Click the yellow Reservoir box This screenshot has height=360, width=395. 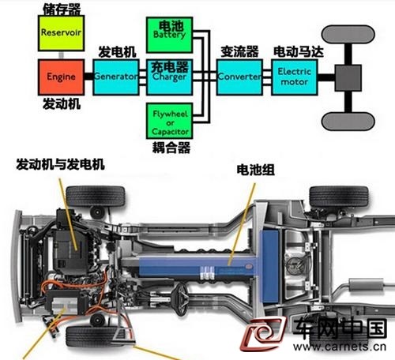coord(61,33)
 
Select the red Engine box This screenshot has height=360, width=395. coord(61,77)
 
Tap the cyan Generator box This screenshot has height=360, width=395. coord(116,77)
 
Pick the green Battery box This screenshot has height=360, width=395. coord(170,35)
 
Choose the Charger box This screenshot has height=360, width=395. coord(170,77)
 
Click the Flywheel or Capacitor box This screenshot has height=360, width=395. coord(170,121)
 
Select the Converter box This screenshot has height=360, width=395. coord(239,77)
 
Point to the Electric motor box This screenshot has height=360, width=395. coord(295,77)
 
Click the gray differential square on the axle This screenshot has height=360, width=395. coord(348,78)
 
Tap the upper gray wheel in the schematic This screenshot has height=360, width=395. coord(348,35)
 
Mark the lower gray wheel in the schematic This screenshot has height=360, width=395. coord(348,122)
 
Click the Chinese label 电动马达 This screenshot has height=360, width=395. coord(299,51)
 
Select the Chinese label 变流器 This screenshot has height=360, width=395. coord(239,51)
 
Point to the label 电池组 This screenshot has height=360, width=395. coord(255,170)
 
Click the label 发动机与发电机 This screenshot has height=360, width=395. coord(60,164)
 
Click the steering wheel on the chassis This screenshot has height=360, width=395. coord(182,298)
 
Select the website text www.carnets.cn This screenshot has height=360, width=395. coord(340,347)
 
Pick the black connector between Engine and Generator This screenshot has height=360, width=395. coord(88,77)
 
